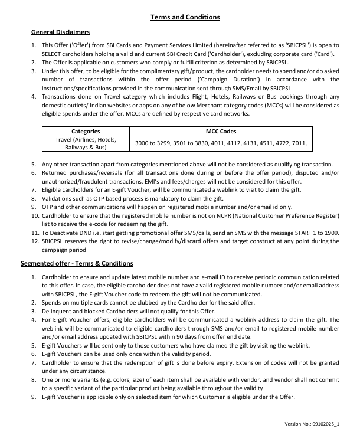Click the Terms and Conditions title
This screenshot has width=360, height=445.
point(185,17)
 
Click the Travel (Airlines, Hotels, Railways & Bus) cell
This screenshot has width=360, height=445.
point(86,144)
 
